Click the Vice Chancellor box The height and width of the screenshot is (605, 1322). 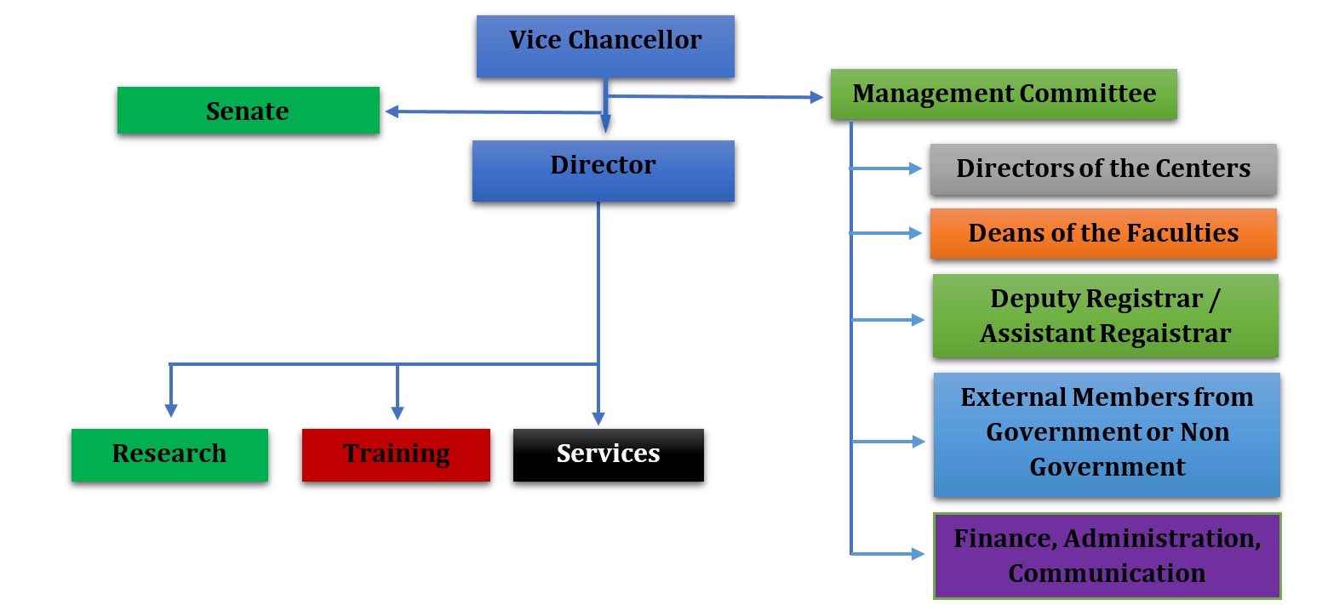click(604, 47)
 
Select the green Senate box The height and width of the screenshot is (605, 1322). click(248, 111)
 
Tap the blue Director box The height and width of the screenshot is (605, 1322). click(603, 170)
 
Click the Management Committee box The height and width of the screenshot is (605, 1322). click(1004, 94)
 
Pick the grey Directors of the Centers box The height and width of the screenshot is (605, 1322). click(1103, 168)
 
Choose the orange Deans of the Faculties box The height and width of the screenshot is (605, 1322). click(1103, 233)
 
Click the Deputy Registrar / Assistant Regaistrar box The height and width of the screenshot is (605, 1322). click(1105, 316)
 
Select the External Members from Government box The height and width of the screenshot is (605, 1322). click(1107, 433)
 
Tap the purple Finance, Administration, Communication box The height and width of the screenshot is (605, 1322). click(1107, 555)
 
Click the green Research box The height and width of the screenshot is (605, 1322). click(169, 454)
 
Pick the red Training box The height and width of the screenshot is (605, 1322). click(396, 454)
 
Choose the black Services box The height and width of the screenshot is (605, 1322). click(608, 454)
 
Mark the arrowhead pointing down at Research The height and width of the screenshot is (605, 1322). click(171, 410)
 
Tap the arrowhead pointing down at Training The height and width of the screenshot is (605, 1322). click(397, 413)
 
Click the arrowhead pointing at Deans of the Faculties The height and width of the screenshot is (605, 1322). click(918, 233)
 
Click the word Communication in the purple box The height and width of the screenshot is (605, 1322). click(1107, 573)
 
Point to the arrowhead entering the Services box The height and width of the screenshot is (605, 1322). click(598, 419)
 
